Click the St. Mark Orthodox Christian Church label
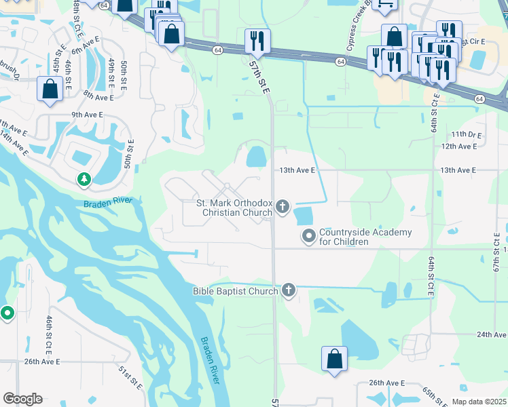(x=234, y=208)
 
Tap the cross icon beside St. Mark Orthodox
(x=282, y=206)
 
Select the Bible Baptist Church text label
(x=235, y=291)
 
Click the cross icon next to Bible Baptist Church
(x=289, y=290)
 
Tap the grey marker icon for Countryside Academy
(x=309, y=236)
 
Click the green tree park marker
(x=84, y=180)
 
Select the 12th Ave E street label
(x=459, y=146)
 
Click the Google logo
(x=22, y=399)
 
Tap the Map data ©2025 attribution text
(x=478, y=402)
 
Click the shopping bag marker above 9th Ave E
(x=50, y=88)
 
